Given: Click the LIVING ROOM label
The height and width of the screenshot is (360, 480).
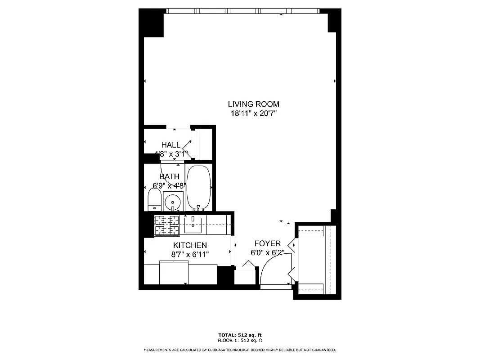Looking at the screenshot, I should pos(253,104).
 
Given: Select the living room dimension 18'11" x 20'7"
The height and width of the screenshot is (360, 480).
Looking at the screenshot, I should pos(253,114).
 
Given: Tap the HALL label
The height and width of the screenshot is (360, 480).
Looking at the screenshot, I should pos(171,145).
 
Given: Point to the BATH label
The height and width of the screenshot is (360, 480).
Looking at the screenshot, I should pos(169,176).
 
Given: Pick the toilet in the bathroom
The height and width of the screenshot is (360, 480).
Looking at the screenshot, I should pos(154,199).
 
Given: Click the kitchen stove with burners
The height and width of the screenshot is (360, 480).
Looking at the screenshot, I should pos(167,225).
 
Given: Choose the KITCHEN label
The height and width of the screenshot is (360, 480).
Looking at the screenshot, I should pos(190,245).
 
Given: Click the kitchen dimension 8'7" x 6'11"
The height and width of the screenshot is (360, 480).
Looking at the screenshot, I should pos(190,254).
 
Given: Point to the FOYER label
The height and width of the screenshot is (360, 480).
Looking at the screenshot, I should pos(268,243).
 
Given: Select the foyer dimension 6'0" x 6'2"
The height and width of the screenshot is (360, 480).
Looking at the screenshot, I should pos(268,253).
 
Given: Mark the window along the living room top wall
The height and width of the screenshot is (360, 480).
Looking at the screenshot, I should pos(243,11).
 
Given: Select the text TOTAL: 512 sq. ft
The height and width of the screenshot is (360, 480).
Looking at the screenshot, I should pos(240,335).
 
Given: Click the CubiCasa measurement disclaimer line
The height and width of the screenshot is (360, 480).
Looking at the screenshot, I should pos(240,350).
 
